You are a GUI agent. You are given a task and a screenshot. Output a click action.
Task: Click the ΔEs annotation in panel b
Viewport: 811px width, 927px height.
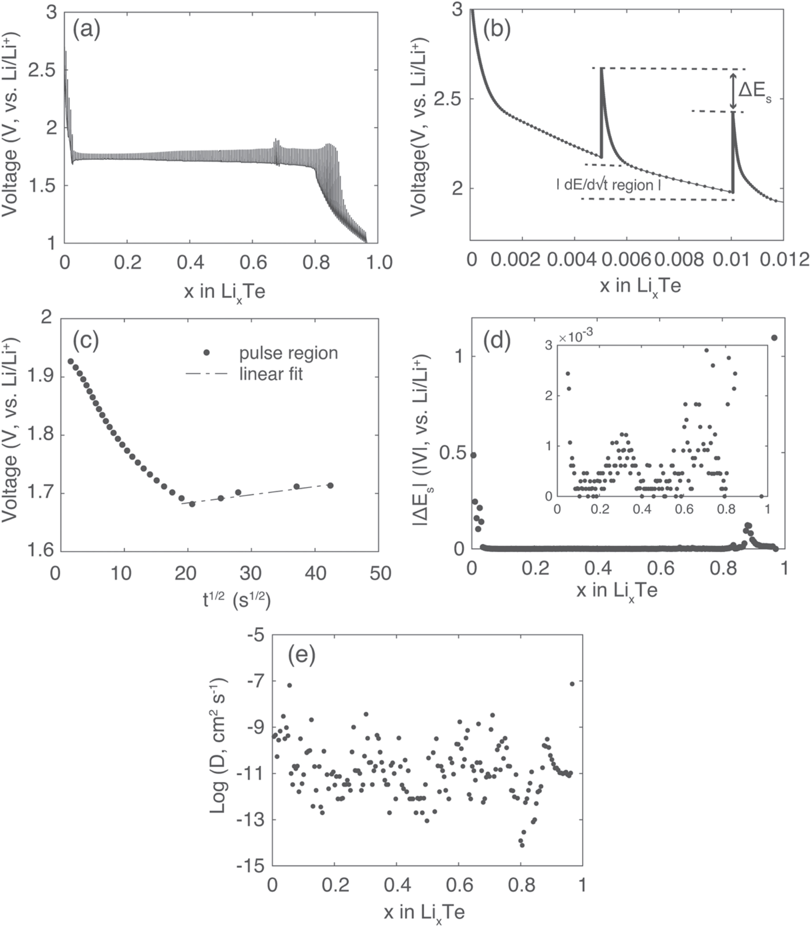click(755, 92)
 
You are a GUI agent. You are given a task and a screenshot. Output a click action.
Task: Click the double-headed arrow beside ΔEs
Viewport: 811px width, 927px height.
click(733, 90)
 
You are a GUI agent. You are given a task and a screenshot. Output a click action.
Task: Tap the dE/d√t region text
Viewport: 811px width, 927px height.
click(609, 185)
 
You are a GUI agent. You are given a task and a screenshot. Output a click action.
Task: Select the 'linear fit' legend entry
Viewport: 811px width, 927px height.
click(270, 374)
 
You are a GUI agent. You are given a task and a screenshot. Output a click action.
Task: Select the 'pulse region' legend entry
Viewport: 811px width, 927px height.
click(288, 353)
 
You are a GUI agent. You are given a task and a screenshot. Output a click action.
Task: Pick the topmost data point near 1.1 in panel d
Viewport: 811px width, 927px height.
click(774, 338)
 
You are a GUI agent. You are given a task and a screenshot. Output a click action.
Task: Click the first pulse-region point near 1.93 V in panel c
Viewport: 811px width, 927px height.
click(70, 361)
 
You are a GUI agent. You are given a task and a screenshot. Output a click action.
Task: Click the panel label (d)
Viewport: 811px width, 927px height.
click(497, 341)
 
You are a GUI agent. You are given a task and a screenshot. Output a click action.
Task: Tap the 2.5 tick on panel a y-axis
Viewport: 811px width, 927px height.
click(41, 70)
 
